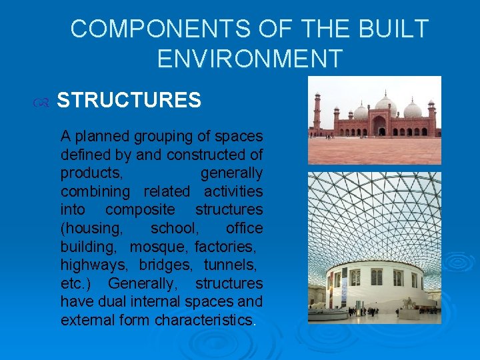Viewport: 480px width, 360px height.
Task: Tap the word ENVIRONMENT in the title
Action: pyautogui.click(x=249, y=59)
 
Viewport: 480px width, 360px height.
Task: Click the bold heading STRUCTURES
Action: pyautogui.click(x=129, y=101)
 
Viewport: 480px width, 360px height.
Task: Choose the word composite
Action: pyautogui.click(x=141, y=210)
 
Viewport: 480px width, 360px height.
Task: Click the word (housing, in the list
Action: pyautogui.click(x=92, y=229)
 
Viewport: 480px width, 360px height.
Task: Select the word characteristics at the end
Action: pyautogui.click(x=203, y=320)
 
